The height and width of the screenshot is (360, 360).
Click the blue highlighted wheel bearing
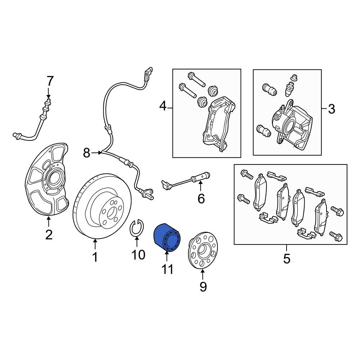(x=167, y=237)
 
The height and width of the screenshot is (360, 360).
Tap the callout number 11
(x=167, y=269)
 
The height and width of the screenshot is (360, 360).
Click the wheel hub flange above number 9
(x=203, y=253)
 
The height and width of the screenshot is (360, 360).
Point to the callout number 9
(x=203, y=287)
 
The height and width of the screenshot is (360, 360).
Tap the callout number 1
(x=95, y=257)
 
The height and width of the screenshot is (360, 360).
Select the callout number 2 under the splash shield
(x=49, y=235)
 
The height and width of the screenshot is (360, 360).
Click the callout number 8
(x=86, y=153)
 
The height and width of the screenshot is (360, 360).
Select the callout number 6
(x=201, y=199)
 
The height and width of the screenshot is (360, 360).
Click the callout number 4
(x=163, y=106)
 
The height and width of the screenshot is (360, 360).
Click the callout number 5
(x=287, y=259)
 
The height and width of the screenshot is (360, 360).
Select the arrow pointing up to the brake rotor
(x=95, y=244)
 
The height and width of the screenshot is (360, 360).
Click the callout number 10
(x=138, y=255)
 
